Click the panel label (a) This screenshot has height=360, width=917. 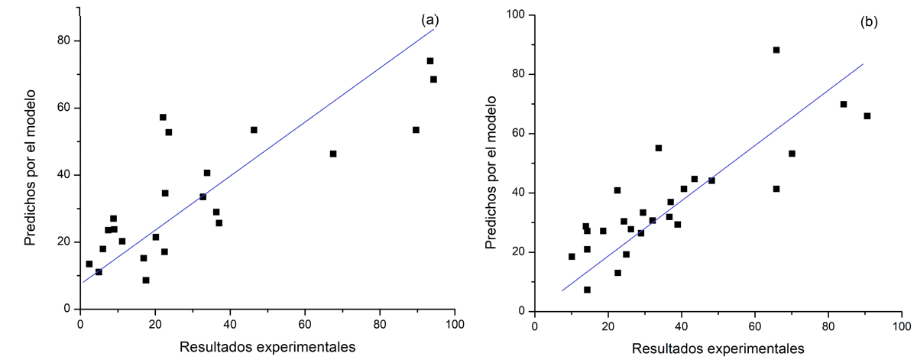click(428, 21)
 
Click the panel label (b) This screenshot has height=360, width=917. click(869, 21)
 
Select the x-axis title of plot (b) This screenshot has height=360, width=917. click(718, 348)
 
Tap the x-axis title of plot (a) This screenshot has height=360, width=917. click(267, 346)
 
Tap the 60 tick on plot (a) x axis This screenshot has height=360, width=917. click(306, 323)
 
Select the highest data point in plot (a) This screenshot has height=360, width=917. click(430, 61)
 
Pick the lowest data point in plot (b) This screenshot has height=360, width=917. click(587, 290)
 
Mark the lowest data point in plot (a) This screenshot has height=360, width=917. click(146, 281)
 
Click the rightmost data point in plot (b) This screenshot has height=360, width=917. click(867, 116)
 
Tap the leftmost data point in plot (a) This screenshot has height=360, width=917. click(89, 264)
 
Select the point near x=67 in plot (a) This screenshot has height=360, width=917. click(333, 154)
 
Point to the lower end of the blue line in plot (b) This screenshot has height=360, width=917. click(562, 290)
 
